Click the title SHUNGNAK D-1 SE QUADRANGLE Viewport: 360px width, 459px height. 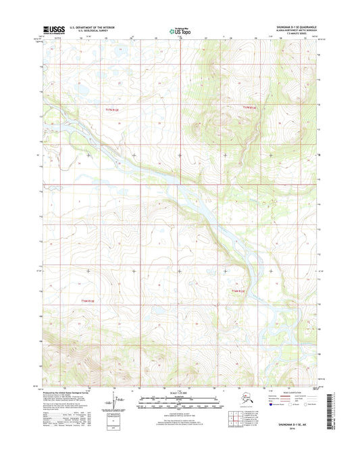(291, 27)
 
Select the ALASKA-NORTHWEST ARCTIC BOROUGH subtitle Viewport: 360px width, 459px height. (292, 30)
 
